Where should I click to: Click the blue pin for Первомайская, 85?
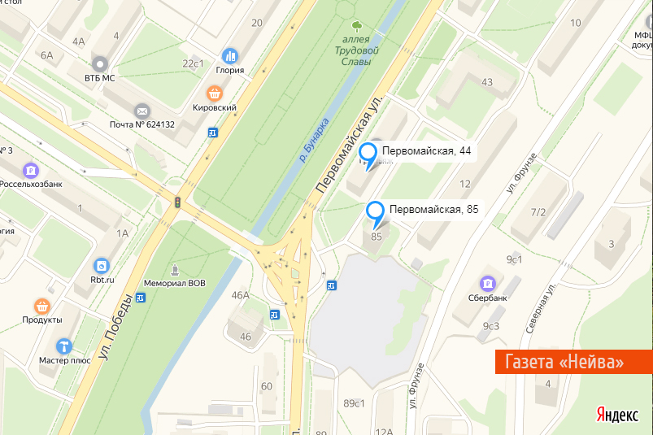coord(376,212)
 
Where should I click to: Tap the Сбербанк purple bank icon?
coord(488,283)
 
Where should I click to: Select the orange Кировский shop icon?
coord(215,93)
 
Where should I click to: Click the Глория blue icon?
coord(230,56)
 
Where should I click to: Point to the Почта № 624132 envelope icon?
coord(142,110)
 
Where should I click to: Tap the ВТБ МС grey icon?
coord(101,63)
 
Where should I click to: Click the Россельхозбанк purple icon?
coord(31,170)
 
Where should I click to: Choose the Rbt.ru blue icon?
coord(101,266)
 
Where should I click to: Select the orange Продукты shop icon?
coord(42,307)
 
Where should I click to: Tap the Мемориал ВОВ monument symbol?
coord(175,270)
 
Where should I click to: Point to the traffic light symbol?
coord(176,202)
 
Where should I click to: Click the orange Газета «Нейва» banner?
coord(574,361)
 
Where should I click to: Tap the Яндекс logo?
coord(616,415)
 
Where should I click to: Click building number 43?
coord(487,81)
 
